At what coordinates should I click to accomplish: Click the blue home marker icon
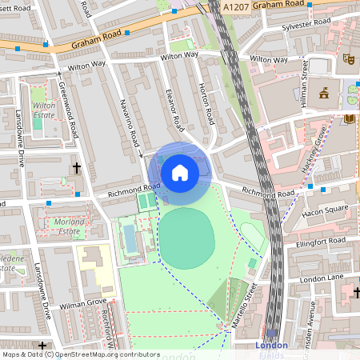[x=180, y=172]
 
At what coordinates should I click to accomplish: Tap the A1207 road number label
[x=237, y=6]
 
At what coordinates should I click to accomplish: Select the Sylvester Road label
[x=306, y=26]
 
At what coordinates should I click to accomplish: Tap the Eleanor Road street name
[x=173, y=110]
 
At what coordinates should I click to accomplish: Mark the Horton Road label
[x=206, y=103]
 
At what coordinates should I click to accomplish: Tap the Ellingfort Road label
[x=320, y=241]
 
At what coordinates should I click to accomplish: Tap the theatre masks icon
[x=348, y=58]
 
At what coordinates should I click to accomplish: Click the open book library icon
[x=349, y=119]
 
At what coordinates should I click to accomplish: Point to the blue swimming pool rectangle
[x=130, y=237]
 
